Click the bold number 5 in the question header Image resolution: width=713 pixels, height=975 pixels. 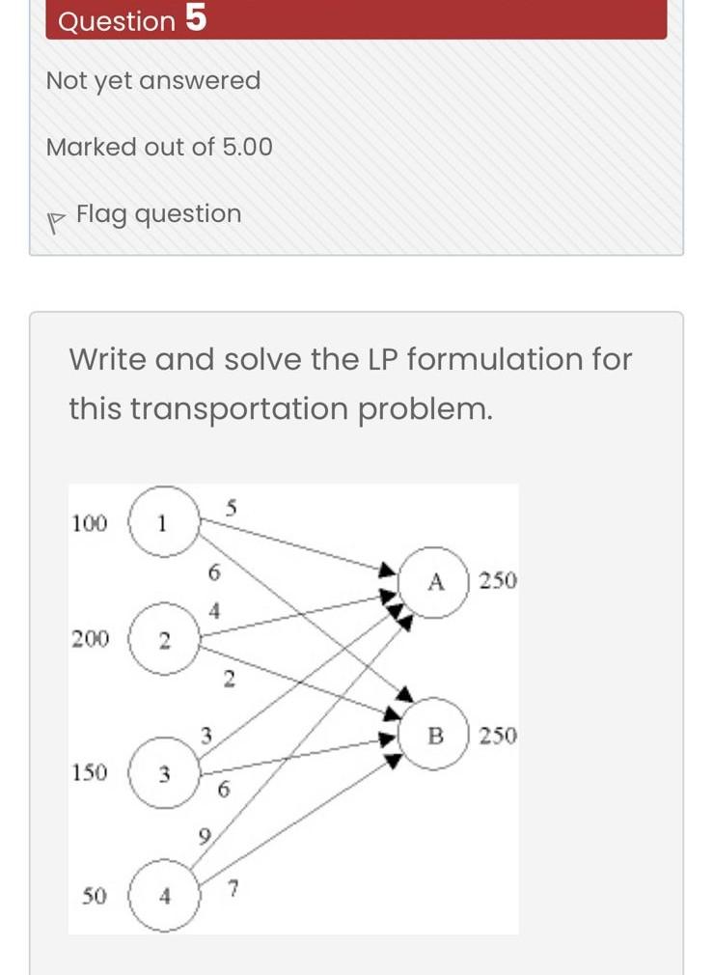click(195, 18)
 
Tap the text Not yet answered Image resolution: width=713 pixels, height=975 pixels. click(153, 81)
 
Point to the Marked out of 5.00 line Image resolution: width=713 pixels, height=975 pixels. click(159, 148)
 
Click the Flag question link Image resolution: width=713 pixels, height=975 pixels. click(158, 213)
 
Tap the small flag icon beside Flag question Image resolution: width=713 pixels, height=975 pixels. click(55, 217)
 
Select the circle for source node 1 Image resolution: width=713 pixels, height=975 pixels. click(162, 524)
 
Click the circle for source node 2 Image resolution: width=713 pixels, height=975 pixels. click(163, 640)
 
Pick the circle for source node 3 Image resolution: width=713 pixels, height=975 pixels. click(164, 773)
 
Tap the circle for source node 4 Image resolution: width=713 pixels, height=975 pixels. click(164, 897)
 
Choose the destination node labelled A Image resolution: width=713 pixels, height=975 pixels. click(434, 581)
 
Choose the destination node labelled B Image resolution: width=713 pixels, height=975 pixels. click(434, 736)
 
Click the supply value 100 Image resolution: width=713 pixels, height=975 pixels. click(90, 524)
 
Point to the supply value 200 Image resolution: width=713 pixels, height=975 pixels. click(90, 639)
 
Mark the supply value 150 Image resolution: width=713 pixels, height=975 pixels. click(90, 772)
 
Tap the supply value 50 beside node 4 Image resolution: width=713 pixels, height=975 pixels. click(94, 897)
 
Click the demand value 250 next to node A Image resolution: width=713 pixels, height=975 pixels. click(498, 581)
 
